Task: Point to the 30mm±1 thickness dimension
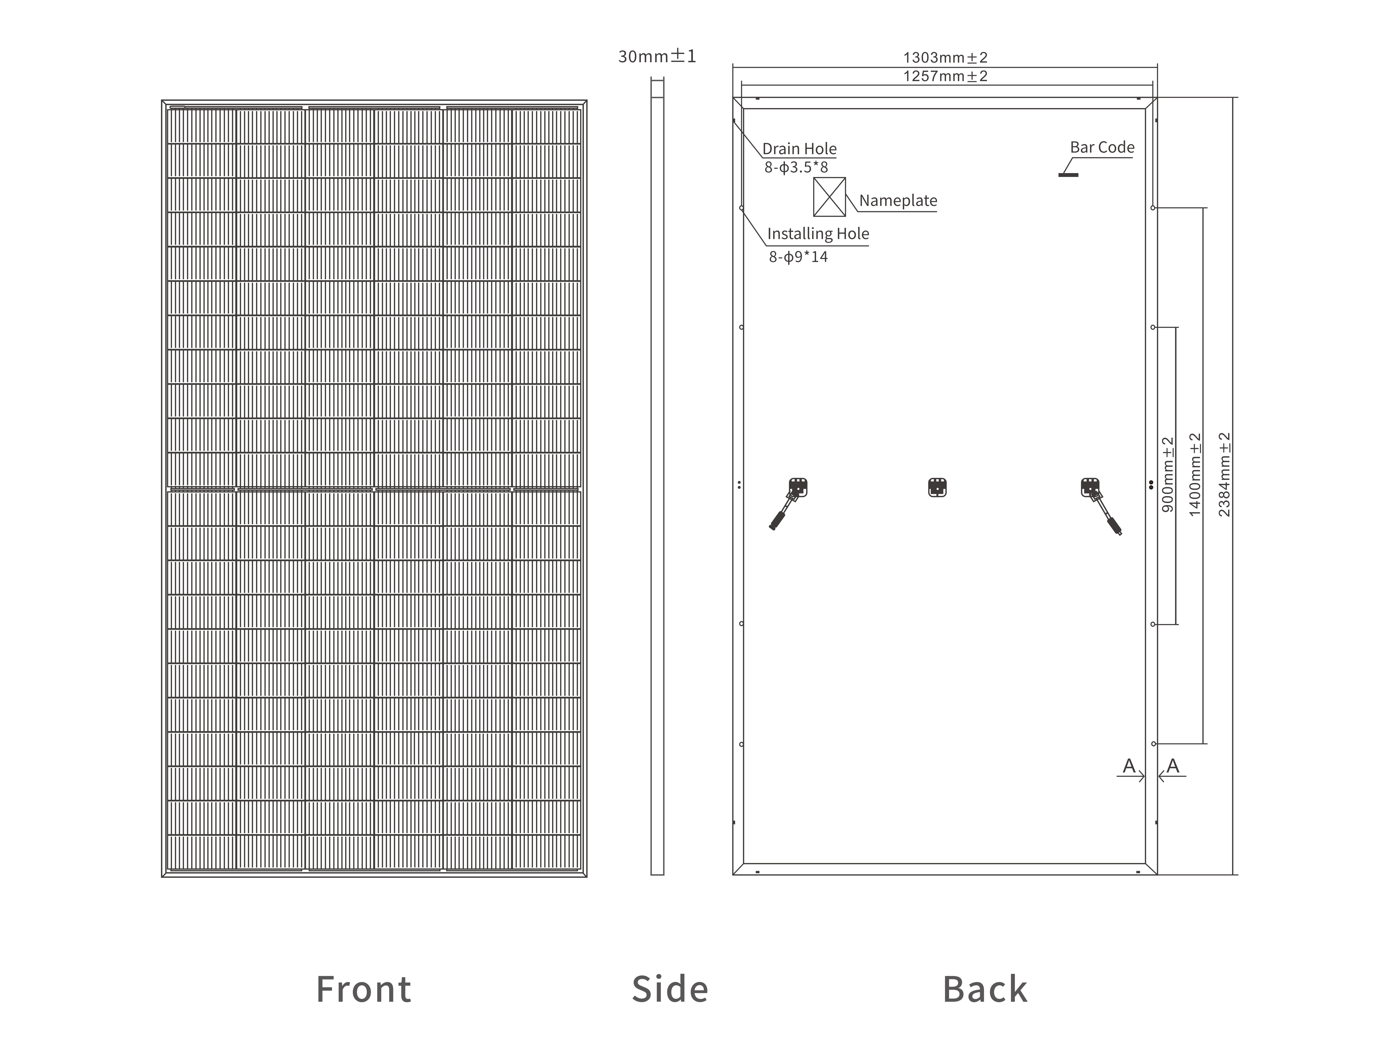point(657,56)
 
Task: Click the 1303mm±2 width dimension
point(945,58)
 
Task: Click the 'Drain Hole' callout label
point(799,149)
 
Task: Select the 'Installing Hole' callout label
point(818,234)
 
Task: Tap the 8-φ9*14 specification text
point(798,256)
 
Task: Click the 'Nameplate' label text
point(898,201)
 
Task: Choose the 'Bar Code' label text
point(1102,147)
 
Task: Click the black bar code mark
point(1068,175)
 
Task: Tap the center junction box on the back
point(937,487)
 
